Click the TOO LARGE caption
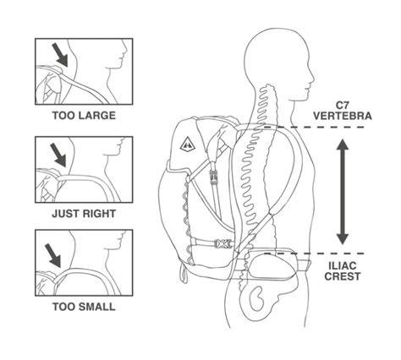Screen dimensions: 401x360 (x=84, y=116)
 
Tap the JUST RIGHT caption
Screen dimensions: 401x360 (x=84, y=214)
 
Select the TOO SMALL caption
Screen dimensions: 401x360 (x=84, y=307)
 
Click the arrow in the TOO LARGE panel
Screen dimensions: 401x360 (x=60, y=55)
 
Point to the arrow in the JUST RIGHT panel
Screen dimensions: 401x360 (x=58, y=155)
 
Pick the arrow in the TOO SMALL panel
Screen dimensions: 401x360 (x=53, y=255)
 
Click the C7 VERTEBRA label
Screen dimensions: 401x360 (x=343, y=111)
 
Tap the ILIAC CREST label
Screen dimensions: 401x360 (x=343, y=270)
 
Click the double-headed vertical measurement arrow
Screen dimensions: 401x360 (x=343, y=192)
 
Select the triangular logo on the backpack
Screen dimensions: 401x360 (x=188, y=145)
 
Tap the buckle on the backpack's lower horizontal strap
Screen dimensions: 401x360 (x=222, y=243)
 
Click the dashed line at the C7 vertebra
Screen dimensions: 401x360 (x=313, y=128)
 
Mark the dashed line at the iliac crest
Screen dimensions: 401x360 (x=314, y=254)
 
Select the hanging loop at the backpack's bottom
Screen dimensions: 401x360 (x=184, y=273)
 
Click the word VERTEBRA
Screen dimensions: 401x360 (x=343, y=116)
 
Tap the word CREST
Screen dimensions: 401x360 (x=343, y=276)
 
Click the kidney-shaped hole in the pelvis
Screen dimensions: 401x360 (x=256, y=298)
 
